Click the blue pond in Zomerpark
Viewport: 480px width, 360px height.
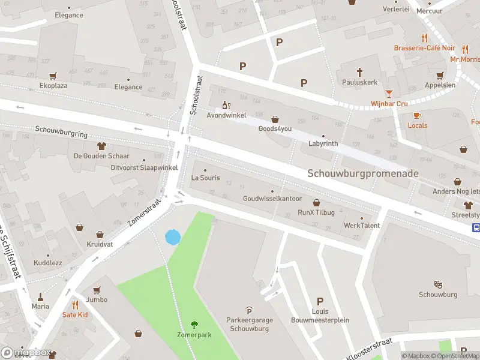(172, 237)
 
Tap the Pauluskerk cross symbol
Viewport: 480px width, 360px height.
(360, 71)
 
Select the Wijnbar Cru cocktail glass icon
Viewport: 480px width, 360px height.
(389, 93)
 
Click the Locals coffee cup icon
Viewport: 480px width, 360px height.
(418, 115)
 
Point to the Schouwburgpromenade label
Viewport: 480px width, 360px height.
(363, 173)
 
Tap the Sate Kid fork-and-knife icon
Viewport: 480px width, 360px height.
(75, 305)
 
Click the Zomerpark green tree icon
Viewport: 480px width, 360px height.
(194, 325)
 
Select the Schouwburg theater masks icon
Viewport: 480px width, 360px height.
(438, 284)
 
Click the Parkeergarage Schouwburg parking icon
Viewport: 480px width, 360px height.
(249, 310)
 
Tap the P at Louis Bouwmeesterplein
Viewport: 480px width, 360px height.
(320, 301)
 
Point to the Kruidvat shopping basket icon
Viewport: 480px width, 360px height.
(80, 227)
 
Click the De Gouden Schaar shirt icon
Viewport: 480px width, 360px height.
(101, 145)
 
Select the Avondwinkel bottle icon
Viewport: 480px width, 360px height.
(226, 105)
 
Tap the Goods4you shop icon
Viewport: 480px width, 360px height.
(275, 119)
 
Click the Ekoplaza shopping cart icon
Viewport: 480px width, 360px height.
(53, 76)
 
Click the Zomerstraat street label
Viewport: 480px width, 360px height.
(145, 212)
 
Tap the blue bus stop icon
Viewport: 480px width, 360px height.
(476, 227)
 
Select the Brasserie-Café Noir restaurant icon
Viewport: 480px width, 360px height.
(425, 37)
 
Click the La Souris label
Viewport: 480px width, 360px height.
(205, 178)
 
